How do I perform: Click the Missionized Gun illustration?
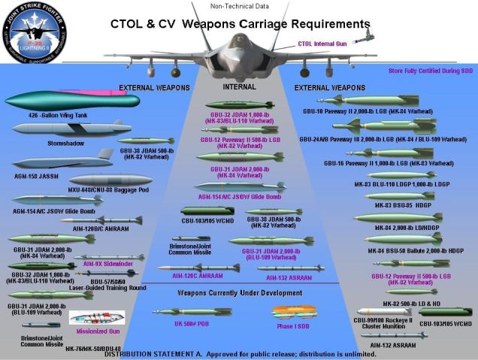point(96,318)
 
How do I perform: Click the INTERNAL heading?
point(240,87)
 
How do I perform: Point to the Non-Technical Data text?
point(238,6)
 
